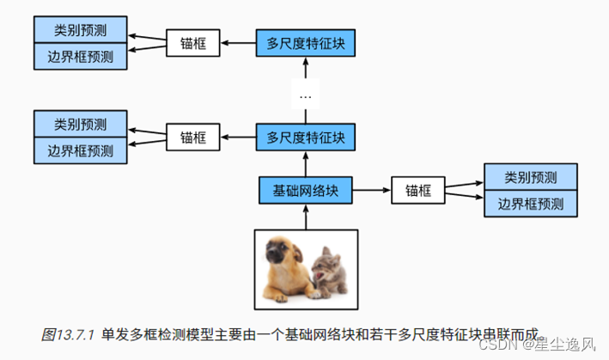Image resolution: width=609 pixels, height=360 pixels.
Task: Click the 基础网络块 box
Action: (x=306, y=190)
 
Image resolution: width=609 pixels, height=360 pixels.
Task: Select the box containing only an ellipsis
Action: (x=306, y=95)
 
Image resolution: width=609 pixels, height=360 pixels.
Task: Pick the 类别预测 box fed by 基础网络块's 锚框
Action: (x=530, y=178)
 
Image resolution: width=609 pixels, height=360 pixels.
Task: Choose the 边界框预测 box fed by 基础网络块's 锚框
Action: (x=530, y=204)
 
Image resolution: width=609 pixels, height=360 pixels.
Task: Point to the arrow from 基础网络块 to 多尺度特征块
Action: (x=306, y=162)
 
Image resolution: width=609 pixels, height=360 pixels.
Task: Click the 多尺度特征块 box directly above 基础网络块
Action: (x=306, y=137)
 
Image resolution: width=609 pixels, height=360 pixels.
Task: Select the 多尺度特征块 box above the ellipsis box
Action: (x=306, y=42)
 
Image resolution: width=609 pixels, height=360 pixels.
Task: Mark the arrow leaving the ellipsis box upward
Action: (x=306, y=69)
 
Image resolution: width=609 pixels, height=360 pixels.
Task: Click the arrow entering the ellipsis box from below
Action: (x=306, y=116)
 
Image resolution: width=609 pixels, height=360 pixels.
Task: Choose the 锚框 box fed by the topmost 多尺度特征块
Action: (x=192, y=42)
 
